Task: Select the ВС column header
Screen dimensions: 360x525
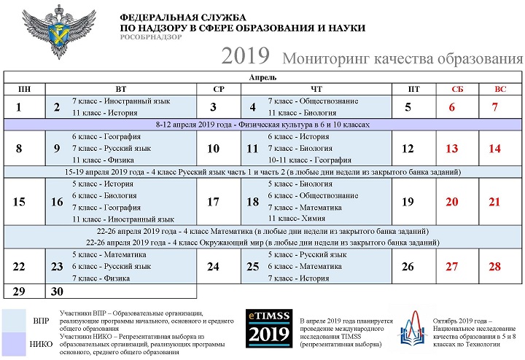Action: pos(499,89)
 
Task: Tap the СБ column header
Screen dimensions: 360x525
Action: pos(457,89)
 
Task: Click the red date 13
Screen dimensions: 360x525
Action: pos(452,149)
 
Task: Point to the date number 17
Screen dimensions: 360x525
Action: pos(214,203)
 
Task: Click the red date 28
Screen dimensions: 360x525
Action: pos(495,267)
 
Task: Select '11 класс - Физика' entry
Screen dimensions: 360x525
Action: pos(102,160)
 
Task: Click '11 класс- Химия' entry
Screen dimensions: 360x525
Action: pos(295,219)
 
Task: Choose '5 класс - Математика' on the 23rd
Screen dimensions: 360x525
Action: pos(109,255)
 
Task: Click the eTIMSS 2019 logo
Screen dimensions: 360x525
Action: pos(268,329)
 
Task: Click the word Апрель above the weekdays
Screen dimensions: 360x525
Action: pos(262,77)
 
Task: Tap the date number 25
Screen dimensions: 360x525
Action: pos(253,267)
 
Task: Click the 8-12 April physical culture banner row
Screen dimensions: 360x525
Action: pos(262,125)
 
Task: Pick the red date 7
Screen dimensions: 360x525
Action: pos(495,108)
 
